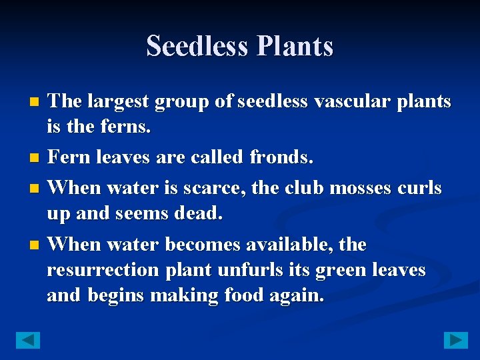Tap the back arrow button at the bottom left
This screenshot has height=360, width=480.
(x=28, y=340)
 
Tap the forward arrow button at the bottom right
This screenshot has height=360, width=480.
(x=456, y=340)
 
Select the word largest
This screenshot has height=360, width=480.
(x=117, y=102)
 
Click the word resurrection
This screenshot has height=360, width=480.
(x=103, y=270)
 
